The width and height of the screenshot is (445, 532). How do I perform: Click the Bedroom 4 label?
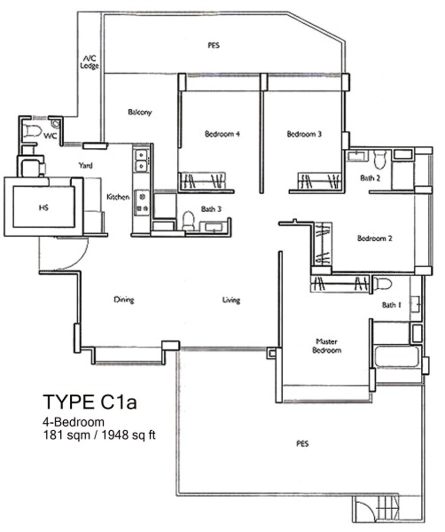(222, 133)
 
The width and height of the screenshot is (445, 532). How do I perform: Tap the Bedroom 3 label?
(304, 134)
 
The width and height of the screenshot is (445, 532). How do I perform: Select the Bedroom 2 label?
(374, 238)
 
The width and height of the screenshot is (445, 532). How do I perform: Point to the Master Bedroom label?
(327, 346)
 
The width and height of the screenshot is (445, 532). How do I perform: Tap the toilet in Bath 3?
(188, 221)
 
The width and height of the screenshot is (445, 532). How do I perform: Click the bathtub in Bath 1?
(396, 356)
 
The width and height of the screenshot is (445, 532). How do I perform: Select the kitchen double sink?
(140, 160)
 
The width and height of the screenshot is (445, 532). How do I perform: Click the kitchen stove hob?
(141, 203)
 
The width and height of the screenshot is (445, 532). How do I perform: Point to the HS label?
(44, 207)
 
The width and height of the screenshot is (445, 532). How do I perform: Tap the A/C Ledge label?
(89, 62)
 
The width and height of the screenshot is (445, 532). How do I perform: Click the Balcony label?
(140, 112)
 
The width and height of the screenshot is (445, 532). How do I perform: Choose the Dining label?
(124, 300)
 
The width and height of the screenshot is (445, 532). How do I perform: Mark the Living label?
(231, 300)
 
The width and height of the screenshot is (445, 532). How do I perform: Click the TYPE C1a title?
(90, 401)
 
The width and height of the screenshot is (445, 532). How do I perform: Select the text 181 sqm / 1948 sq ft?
(99, 435)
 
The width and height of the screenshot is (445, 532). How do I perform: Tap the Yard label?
(86, 165)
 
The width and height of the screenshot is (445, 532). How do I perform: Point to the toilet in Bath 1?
(382, 284)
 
